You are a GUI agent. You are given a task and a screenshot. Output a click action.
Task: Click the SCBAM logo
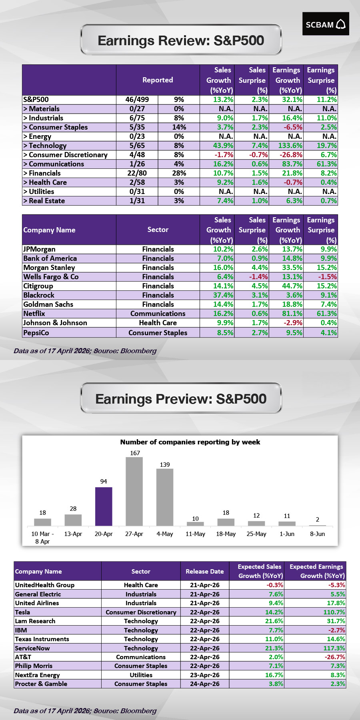click(326, 24)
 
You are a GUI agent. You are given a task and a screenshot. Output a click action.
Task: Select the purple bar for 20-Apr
click(104, 506)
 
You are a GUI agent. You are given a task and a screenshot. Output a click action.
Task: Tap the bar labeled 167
click(134, 491)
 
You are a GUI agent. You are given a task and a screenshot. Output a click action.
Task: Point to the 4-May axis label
click(165, 534)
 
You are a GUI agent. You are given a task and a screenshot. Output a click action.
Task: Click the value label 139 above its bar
click(165, 465)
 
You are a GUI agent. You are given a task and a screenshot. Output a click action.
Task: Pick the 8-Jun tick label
click(318, 534)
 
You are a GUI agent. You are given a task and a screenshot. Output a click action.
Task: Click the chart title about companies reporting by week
click(190, 442)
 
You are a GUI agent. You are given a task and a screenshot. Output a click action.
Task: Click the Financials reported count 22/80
click(137, 173)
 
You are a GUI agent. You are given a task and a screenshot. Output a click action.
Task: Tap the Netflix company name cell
click(34, 314)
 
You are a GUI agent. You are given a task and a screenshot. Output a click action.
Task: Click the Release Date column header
click(205, 572)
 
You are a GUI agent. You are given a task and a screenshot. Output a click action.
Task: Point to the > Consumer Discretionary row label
click(66, 155)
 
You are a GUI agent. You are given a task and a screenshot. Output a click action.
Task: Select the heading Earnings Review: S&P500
click(181, 40)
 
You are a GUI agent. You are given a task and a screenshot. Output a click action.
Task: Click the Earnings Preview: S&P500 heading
click(181, 399)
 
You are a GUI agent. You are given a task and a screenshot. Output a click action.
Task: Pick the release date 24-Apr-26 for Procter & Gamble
click(205, 684)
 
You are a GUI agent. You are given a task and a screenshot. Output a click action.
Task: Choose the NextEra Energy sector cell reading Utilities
click(141, 675)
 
